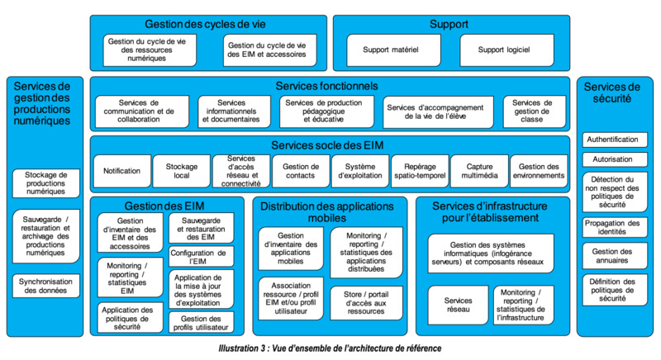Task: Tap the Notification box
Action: coord(122,171)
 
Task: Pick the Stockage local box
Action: coord(181,171)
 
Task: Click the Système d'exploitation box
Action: coord(360,171)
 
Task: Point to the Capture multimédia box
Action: coord(479,171)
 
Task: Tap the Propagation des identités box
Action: coord(615,227)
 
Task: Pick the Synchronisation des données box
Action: coord(46,286)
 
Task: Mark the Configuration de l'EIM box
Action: coord(201,257)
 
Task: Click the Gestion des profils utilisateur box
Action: coord(201,323)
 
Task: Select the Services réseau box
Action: coord(458,305)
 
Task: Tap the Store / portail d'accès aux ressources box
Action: coord(366,303)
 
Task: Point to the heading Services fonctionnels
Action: coord(326,87)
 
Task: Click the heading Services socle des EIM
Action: coord(327,145)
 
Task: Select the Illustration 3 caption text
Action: coord(330,348)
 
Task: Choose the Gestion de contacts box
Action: coord(301,171)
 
